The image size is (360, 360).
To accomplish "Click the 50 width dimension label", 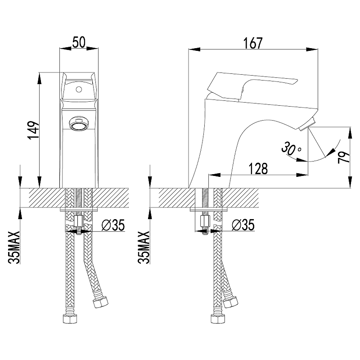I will tap(79, 43).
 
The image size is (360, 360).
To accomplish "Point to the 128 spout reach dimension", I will tap(258, 169).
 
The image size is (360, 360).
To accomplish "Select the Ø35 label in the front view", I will tap(113, 225).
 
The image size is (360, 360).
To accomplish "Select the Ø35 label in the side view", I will tap(243, 225).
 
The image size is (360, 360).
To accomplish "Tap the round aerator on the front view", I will tap(79, 123).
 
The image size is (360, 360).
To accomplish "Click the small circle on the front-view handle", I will tap(79, 89).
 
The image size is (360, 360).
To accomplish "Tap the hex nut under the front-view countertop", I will tap(79, 222).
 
